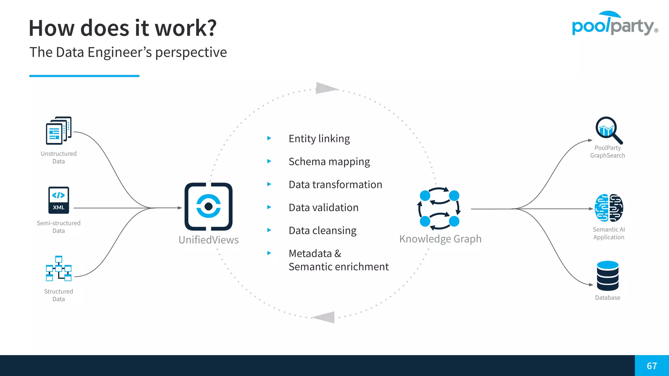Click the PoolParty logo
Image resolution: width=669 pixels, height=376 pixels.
(x=614, y=23)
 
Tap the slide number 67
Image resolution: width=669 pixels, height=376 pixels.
(x=652, y=366)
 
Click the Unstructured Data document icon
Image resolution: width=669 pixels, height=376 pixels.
(x=58, y=131)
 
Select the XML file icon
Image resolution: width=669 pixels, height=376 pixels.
(x=58, y=200)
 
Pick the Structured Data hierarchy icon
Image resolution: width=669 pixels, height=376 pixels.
(x=58, y=269)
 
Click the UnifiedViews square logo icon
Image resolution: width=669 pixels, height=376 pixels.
(x=208, y=207)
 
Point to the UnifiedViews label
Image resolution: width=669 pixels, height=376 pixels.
(x=208, y=240)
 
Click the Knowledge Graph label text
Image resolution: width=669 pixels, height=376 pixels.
(x=440, y=239)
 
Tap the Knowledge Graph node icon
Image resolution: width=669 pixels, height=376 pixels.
(x=439, y=208)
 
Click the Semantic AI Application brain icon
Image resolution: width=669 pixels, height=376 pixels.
(x=609, y=208)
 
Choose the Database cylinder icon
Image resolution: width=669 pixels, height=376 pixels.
(x=608, y=276)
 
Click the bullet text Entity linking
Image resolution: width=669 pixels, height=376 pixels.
(x=319, y=138)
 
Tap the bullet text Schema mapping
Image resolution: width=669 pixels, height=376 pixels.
(x=329, y=162)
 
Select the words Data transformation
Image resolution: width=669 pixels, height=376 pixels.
(x=335, y=184)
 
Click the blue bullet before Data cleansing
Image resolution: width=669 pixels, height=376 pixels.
(x=269, y=230)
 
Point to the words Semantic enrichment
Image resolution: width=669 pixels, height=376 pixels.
(x=338, y=267)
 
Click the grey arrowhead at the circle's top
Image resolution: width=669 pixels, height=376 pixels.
(x=326, y=88)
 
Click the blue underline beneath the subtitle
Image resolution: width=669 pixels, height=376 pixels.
(x=84, y=76)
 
